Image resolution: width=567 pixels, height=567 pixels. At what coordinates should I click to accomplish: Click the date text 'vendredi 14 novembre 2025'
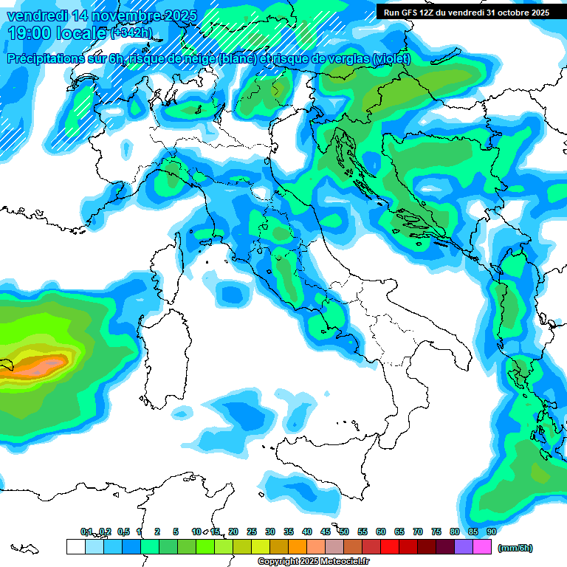[100, 16]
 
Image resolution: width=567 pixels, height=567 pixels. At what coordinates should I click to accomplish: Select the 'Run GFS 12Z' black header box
[471, 13]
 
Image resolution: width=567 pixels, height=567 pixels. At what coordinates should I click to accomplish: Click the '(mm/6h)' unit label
[515, 548]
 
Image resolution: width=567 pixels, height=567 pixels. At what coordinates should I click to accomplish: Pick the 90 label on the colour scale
[491, 532]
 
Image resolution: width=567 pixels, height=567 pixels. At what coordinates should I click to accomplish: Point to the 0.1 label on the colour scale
[86, 532]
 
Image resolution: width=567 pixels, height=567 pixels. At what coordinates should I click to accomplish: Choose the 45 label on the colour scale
[326, 532]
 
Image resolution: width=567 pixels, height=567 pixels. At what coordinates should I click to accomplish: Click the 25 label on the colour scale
[252, 532]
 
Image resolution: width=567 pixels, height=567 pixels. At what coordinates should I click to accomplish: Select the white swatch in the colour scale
[75, 546]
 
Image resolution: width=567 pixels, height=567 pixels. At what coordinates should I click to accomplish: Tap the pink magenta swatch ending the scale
[482, 546]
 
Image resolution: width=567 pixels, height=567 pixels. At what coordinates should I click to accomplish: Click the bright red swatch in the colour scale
[390, 546]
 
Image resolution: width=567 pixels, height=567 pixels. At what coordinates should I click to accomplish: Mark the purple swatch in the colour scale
[464, 546]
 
